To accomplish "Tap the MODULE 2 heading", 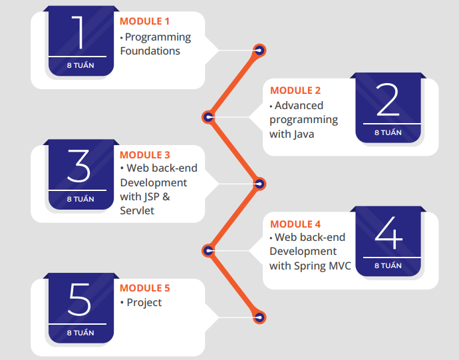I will click(295, 90).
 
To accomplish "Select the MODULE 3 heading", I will click(145, 155).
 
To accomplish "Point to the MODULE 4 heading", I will click(295, 224).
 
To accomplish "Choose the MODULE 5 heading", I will click(145, 288).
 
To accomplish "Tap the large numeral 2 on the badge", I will click(388, 100).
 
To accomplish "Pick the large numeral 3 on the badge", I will click(80, 166).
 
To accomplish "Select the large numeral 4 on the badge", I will click(388, 234).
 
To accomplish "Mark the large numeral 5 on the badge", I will click(80, 300).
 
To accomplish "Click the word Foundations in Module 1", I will click(150, 51).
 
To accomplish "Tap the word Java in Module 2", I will click(303, 134).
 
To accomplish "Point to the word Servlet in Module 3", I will click(137, 210).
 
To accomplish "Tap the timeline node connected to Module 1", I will click(259, 50).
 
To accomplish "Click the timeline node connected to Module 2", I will click(208, 117).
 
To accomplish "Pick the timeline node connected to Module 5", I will click(259, 317).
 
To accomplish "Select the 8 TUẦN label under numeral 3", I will click(80, 199).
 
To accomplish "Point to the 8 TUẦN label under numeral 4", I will click(388, 266).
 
